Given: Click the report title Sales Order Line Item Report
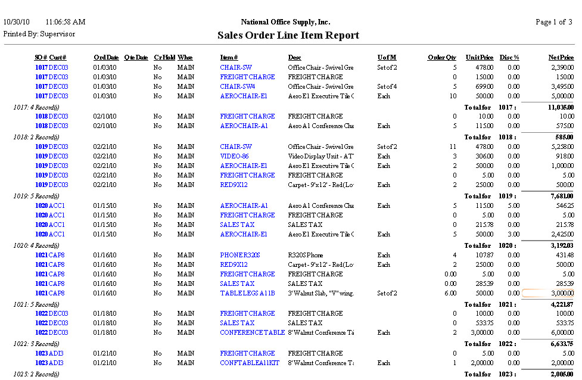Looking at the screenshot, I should [x=288, y=36].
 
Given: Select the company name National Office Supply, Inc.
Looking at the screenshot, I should [x=285, y=22].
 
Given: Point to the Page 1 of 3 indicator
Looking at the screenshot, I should [x=554, y=22].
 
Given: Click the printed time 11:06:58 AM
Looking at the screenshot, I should [x=66, y=22].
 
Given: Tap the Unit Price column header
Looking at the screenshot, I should [x=480, y=58].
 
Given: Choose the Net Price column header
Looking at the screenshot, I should [x=561, y=58].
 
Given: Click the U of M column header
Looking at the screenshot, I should [x=387, y=58].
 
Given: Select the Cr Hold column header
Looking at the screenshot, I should [x=164, y=58].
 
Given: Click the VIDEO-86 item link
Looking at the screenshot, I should [x=234, y=156].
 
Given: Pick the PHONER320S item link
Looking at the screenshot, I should [x=240, y=255].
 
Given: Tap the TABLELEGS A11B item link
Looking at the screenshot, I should [x=247, y=293].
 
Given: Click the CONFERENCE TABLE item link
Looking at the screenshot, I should [x=252, y=332].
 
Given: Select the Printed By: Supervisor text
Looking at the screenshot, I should [x=39, y=34].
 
